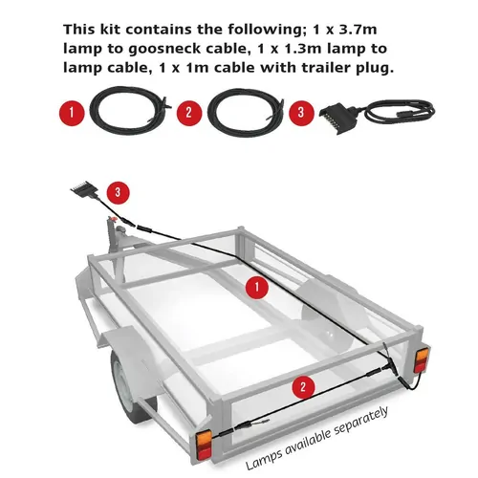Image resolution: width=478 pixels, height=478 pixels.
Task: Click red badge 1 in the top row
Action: (70, 113)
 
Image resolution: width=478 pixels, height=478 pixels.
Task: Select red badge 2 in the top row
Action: (188, 113)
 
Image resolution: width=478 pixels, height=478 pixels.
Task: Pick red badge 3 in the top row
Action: (305, 113)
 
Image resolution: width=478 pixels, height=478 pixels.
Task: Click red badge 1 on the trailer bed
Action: (254, 285)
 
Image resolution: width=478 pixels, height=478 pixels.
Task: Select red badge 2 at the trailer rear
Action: (303, 386)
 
